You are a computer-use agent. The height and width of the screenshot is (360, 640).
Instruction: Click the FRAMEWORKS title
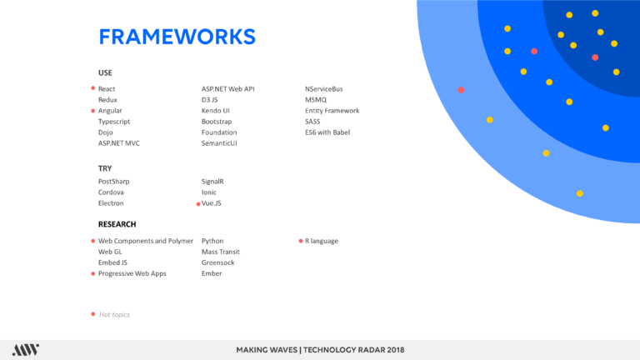[177, 37]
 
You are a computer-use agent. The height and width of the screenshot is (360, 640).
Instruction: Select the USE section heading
[105, 72]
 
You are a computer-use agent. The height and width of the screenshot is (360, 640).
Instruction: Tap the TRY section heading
[105, 168]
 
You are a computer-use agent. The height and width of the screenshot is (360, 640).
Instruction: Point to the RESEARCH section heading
[117, 224]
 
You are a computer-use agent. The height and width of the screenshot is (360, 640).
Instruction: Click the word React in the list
[107, 89]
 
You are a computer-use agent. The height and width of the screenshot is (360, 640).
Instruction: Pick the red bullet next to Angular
[93, 111]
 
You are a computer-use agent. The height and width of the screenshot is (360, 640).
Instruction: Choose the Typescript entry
[114, 122]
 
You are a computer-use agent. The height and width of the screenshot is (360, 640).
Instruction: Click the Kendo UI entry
[216, 111]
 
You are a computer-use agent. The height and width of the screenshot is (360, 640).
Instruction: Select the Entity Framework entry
[332, 111]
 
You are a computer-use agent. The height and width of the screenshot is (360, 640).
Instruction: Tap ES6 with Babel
[327, 132]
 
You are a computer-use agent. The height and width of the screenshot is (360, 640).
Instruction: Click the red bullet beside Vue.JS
[198, 204]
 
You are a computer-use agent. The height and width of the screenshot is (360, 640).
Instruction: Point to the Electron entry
[111, 203]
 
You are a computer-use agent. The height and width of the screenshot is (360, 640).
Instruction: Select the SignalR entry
[212, 182]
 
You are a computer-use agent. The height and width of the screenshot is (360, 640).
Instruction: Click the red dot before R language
[301, 241]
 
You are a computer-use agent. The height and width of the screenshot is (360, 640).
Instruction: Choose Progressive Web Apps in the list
[132, 273]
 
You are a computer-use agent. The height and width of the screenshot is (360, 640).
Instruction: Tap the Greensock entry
[217, 262]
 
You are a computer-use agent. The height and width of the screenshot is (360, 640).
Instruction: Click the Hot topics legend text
[114, 315]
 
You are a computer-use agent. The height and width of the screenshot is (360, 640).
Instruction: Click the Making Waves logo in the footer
[26, 350]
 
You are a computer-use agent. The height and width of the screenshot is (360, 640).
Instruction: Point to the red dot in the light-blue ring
[461, 90]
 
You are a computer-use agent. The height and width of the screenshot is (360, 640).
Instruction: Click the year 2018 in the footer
[396, 350]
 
